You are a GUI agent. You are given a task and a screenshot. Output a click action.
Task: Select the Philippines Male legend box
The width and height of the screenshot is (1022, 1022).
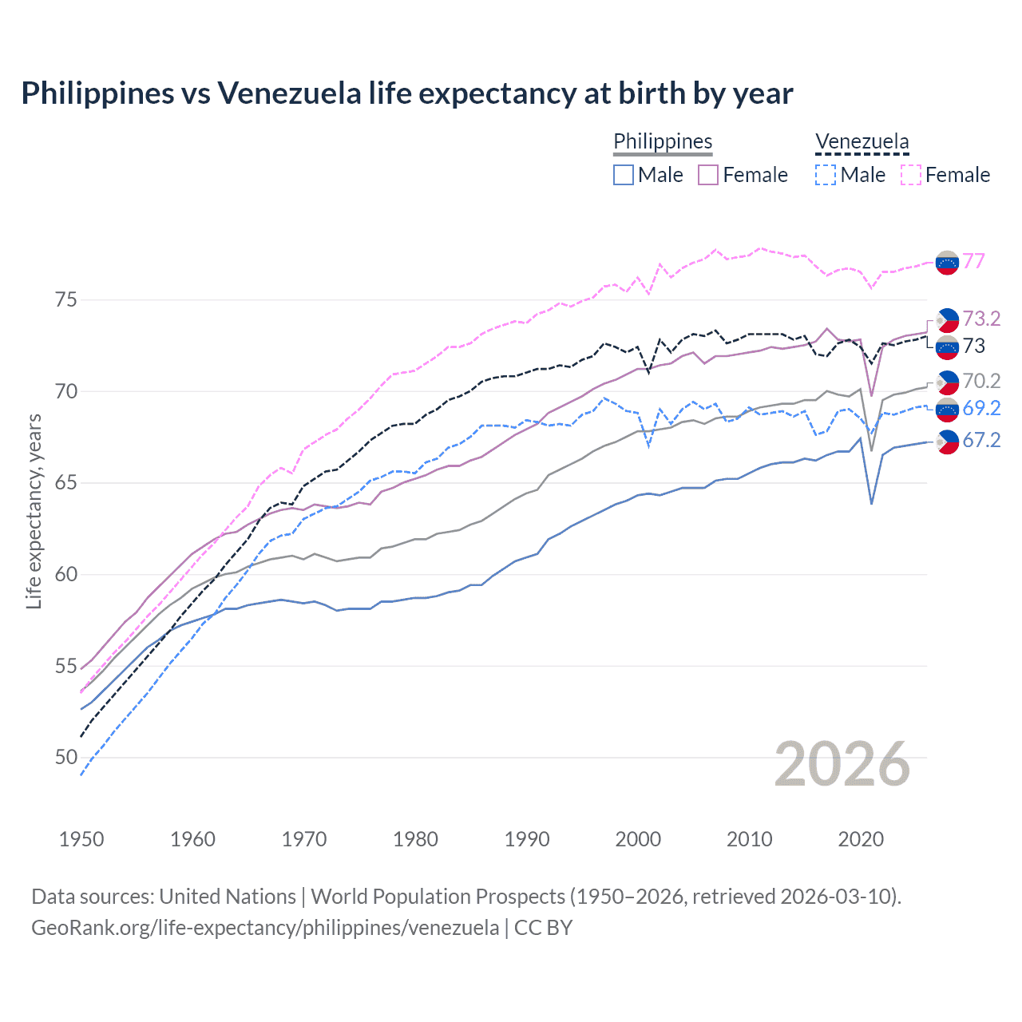pos(624,175)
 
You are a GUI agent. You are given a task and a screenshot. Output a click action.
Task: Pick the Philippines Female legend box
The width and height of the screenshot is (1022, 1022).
pos(708,175)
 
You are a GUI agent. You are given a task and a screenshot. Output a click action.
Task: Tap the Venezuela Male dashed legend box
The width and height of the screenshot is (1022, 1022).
pos(826,175)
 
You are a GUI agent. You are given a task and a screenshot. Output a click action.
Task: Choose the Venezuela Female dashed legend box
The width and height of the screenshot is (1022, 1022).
pos(911,175)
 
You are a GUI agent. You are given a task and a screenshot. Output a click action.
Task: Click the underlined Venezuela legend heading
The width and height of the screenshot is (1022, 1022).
pos(862,142)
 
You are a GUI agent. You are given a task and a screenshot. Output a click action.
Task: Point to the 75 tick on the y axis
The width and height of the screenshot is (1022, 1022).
pos(66,300)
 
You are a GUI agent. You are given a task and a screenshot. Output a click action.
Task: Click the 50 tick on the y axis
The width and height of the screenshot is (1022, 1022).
pos(66,757)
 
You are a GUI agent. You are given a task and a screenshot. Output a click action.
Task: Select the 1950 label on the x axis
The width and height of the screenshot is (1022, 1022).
pos(81,839)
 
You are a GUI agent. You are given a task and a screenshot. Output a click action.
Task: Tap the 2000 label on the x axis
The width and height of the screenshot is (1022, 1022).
pos(638,839)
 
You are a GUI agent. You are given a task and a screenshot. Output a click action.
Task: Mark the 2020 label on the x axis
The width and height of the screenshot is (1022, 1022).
pos(861,839)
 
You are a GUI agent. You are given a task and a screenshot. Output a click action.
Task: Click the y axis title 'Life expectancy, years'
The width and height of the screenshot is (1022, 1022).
pos(34,511)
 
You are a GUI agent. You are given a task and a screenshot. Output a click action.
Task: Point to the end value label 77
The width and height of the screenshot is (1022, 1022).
pos(973,261)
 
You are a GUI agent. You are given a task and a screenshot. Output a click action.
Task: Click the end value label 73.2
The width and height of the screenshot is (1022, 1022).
pos(981,319)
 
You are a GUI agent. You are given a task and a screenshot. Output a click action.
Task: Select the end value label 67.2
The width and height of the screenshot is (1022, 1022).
pos(981,440)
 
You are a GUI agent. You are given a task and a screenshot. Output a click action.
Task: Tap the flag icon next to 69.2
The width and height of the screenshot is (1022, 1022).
pos(947,410)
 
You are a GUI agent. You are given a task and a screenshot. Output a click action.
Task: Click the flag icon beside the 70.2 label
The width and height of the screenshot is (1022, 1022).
pos(947,382)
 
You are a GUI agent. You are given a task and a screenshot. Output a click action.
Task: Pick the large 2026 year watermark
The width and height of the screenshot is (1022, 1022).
pos(842,764)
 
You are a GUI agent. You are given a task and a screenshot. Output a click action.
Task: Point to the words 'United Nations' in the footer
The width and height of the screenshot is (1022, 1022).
pos(228,897)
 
